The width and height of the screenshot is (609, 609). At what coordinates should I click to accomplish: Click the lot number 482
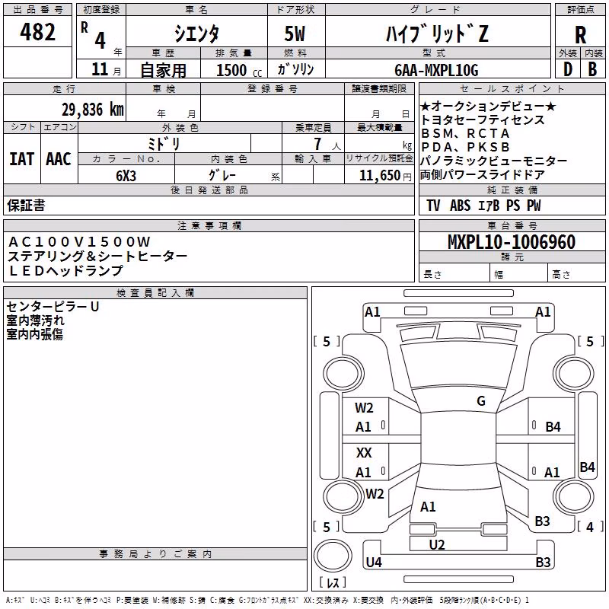pos(37,31)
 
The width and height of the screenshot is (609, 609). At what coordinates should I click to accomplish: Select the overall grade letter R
pos(580,35)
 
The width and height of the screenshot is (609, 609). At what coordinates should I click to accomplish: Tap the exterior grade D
pos(568,69)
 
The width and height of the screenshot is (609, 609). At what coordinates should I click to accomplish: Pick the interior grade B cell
pos(592,69)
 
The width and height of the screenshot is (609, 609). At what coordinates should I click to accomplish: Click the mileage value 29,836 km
pos(93,110)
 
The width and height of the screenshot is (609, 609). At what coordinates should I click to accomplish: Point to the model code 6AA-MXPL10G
pos(436,70)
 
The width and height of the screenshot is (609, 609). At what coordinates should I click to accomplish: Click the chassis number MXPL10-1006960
pos(512,242)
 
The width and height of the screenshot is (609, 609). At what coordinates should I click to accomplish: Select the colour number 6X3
pos(126,176)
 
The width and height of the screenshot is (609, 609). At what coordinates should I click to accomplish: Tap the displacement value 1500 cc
pos(239,70)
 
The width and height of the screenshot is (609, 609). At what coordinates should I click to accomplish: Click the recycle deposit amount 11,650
pos(380,176)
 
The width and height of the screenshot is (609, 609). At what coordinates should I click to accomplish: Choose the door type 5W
pos(295,33)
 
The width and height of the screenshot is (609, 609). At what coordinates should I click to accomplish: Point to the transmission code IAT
pos(21,159)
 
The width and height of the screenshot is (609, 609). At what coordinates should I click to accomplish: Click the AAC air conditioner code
pos(59,159)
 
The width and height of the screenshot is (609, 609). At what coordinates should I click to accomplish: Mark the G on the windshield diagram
pos(481,400)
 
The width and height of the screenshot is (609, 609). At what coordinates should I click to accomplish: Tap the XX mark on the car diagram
pos(364,452)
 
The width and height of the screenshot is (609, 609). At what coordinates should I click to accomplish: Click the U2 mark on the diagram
pos(437,544)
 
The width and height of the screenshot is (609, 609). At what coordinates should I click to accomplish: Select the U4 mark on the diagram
pos(374,562)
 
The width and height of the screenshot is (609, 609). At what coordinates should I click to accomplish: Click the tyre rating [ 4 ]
pos(590,527)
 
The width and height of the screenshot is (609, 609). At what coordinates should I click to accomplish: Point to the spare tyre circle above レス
pos(333,556)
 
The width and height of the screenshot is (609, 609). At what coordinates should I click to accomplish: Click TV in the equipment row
pos(433,205)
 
